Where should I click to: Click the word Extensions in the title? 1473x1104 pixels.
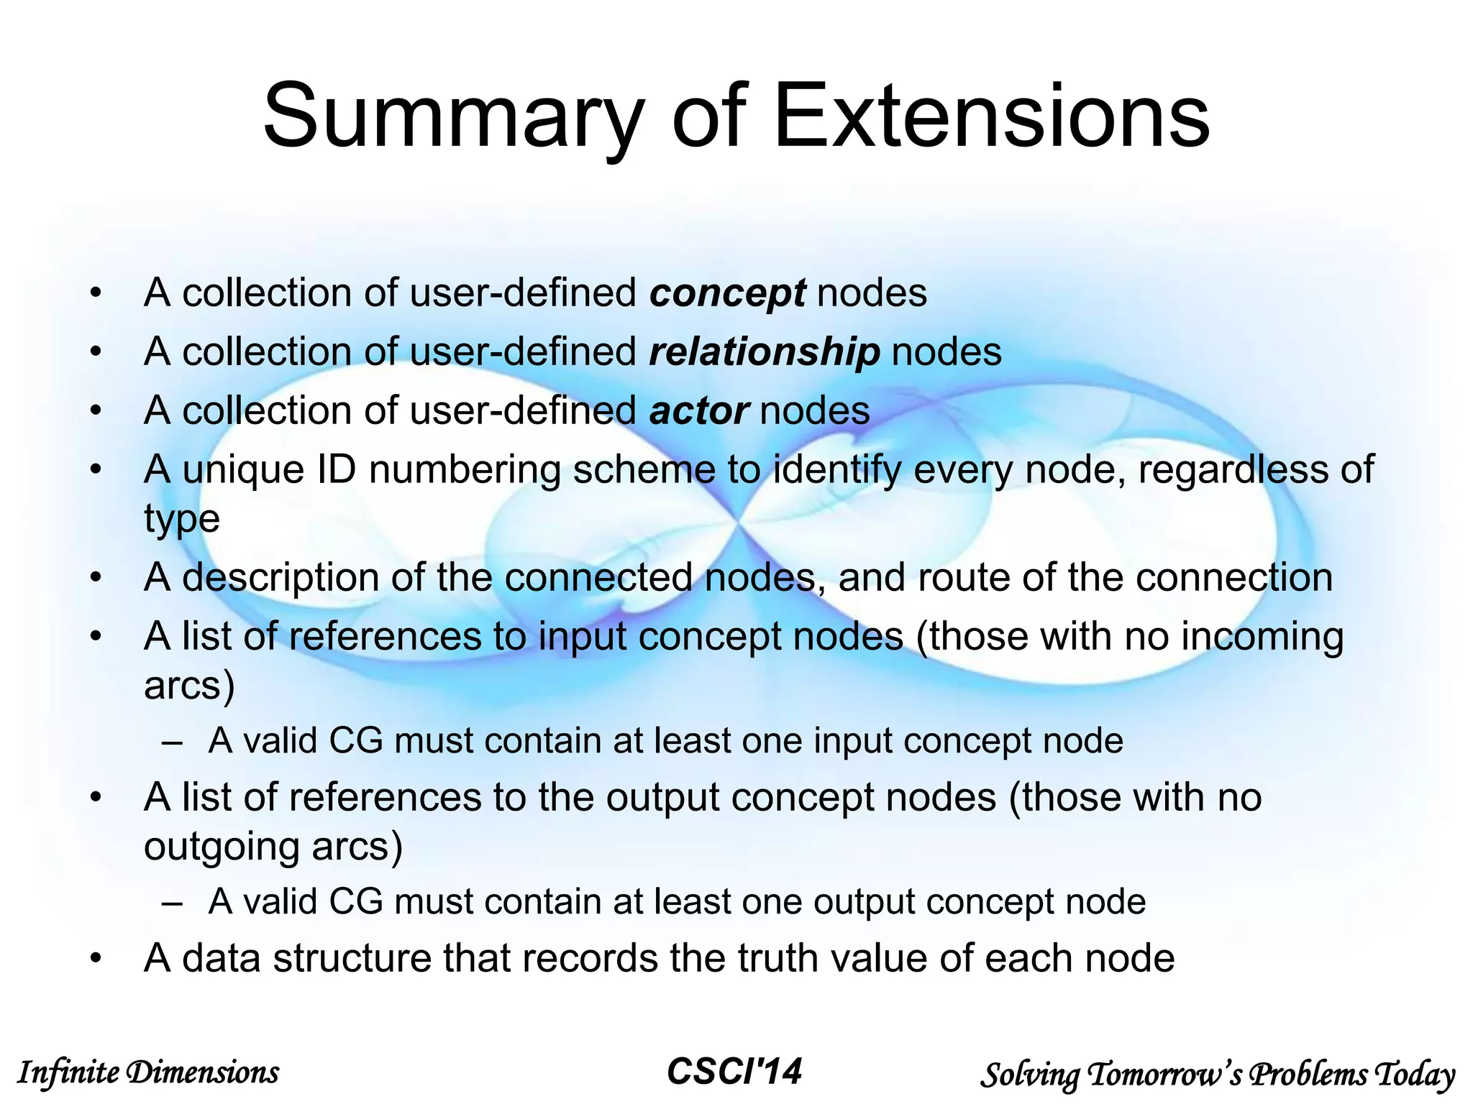pos(992,116)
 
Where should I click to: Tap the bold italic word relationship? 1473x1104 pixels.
pos(764,353)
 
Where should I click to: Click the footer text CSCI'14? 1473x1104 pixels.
pos(734,1072)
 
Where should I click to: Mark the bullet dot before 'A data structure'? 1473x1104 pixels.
pos(96,960)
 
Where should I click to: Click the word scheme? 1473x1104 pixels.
pos(644,471)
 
